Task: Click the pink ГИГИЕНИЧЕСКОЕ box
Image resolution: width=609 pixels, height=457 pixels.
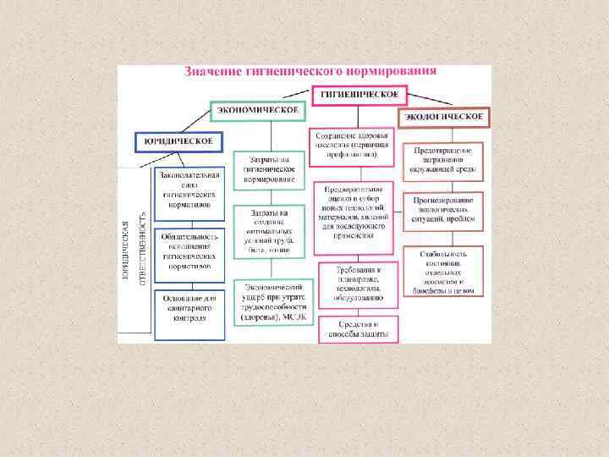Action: (x=359, y=95)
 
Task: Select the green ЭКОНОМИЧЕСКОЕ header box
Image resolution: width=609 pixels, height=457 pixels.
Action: (x=257, y=111)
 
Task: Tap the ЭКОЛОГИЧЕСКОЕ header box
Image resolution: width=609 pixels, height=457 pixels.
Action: (x=444, y=116)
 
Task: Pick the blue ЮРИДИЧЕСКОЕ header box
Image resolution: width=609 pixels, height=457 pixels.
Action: (x=178, y=140)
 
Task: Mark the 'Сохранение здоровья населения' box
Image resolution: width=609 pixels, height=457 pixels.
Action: (x=352, y=145)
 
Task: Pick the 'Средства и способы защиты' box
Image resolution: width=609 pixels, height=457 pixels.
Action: (x=358, y=329)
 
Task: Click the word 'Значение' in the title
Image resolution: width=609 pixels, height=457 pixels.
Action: (x=212, y=73)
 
